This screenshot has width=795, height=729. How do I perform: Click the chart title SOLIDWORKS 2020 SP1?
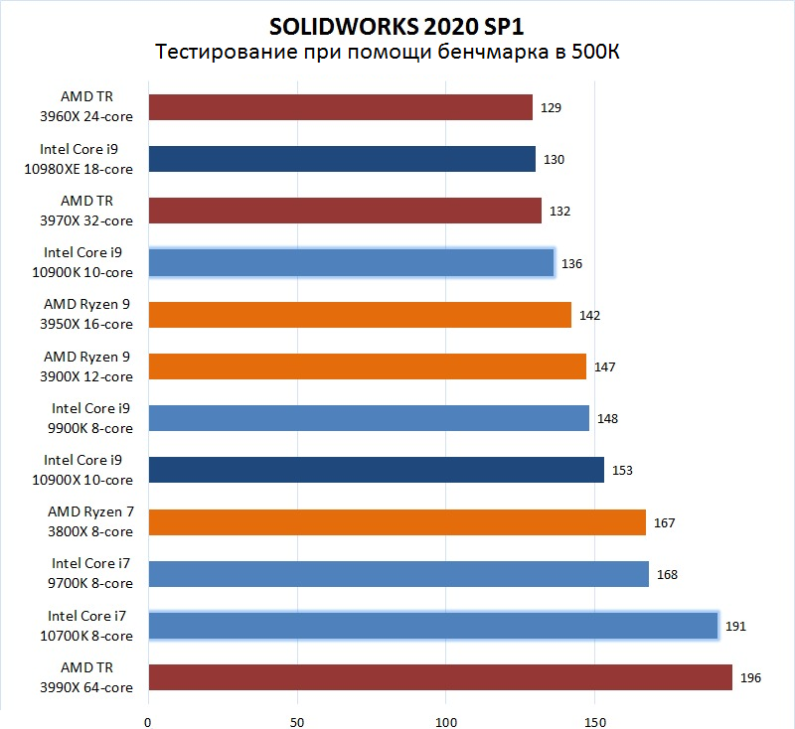click(397, 24)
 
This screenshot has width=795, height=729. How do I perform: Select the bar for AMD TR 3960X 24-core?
click(340, 107)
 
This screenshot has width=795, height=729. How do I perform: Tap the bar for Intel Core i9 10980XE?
click(342, 159)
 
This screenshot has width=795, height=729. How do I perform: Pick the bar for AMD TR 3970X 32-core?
click(345, 211)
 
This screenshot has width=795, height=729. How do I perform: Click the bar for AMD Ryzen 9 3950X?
click(360, 315)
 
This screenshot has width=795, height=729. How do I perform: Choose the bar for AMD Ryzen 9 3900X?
click(367, 366)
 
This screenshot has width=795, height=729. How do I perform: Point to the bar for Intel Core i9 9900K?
click(369, 418)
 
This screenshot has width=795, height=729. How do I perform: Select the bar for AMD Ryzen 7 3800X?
click(397, 521)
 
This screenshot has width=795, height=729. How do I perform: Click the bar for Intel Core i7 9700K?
click(398, 574)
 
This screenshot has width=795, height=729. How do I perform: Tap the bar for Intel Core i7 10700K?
click(432, 626)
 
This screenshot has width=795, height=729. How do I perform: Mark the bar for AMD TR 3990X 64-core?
click(440, 677)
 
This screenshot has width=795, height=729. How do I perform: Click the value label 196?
click(752, 678)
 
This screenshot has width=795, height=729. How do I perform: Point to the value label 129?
click(552, 107)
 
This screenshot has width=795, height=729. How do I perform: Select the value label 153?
click(623, 471)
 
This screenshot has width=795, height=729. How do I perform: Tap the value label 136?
click(571, 263)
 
